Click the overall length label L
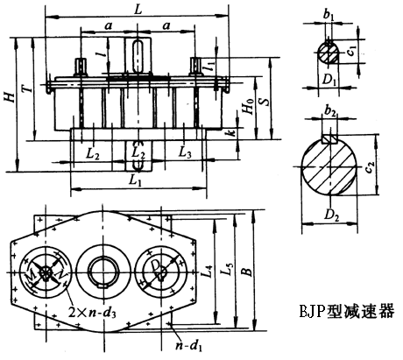click(138, 10)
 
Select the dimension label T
click(27, 88)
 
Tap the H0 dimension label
click(249, 106)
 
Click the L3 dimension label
click(185, 152)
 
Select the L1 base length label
click(136, 181)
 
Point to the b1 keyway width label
click(329, 16)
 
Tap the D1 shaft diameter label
click(329, 79)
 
